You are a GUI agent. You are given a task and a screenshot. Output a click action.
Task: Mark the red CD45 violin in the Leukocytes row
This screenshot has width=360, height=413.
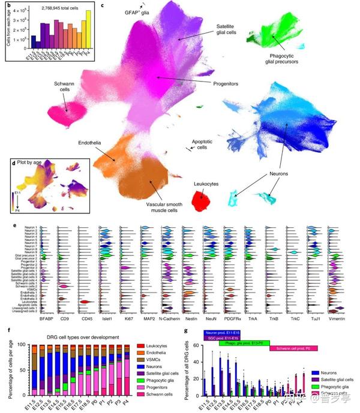point(86,302)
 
